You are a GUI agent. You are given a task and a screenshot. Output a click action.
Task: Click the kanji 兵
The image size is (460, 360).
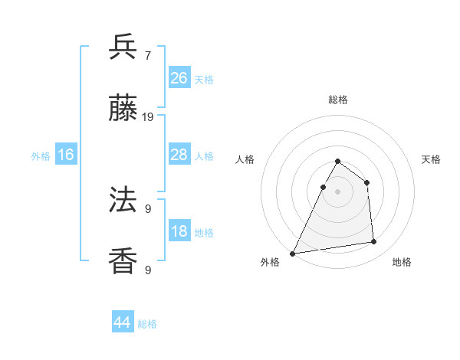coord(123,47)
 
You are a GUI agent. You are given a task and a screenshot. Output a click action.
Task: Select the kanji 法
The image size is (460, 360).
coord(123,200)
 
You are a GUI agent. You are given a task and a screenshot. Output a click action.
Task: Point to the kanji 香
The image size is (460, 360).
coord(123,261)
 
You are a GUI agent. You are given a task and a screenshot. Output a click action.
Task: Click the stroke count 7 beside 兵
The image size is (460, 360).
coord(148,55)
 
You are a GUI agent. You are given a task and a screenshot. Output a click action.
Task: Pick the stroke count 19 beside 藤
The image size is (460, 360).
coord(148,117)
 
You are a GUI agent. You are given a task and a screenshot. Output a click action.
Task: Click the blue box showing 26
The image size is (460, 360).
coord(179,78)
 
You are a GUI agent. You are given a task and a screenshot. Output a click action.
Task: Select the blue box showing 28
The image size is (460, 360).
coord(179,155)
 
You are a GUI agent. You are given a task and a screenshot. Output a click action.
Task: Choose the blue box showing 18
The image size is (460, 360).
coord(179,231)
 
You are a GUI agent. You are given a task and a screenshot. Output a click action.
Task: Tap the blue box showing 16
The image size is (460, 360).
coord(66,155)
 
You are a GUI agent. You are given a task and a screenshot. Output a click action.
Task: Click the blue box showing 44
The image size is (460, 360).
coord(123,322)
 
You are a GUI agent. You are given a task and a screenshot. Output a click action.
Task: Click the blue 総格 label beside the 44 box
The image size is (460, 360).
coord(148,324)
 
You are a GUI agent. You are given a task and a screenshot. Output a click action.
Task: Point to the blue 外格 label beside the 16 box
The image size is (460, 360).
coord(41,156)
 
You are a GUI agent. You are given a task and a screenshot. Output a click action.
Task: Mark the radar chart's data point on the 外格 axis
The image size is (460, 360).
coord(293,254)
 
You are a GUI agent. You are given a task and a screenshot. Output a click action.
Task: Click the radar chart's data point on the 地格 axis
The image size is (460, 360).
coord(374,242)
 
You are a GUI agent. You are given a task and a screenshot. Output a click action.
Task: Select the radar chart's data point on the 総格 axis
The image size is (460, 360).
coord(337,162)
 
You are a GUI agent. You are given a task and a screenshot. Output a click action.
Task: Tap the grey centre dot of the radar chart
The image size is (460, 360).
coord(337,191)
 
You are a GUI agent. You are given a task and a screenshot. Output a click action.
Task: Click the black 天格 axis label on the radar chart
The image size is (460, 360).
coord(432,159)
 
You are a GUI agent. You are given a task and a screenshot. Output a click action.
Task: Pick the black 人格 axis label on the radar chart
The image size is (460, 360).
coord(245,159)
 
